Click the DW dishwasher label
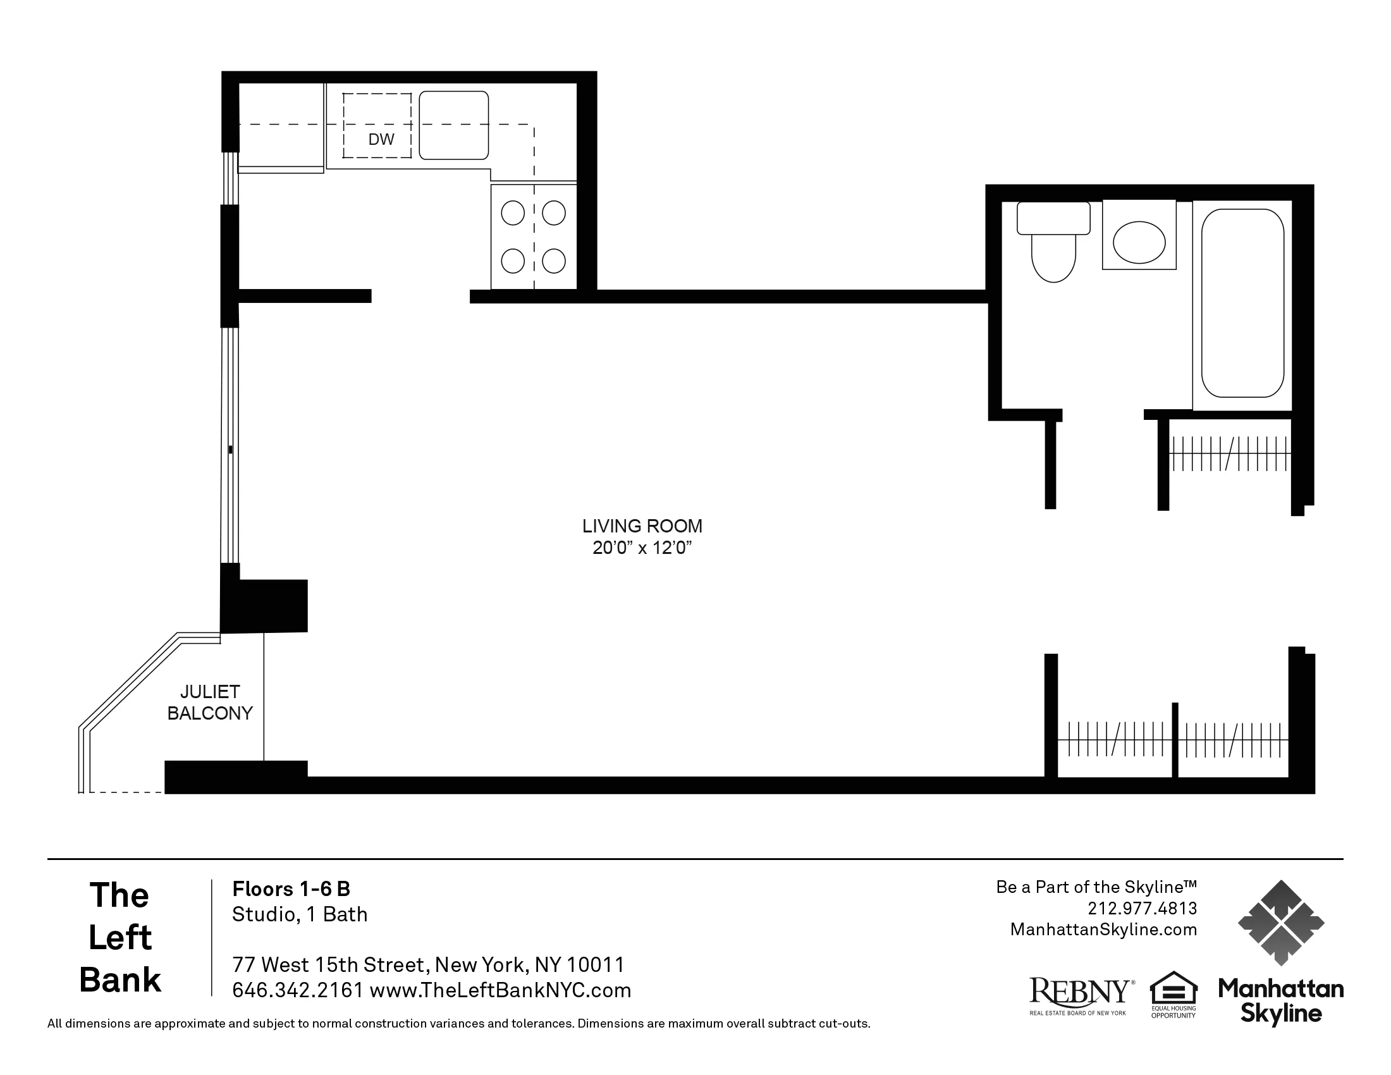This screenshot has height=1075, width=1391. coord(381,139)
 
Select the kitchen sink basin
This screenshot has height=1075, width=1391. coord(453,125)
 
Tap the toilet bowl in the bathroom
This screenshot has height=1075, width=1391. coord(1053,257)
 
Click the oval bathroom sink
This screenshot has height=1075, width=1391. coord(1139,242)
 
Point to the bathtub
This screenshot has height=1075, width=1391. coord(1242,303)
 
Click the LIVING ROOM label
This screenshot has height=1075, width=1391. coord(641,526)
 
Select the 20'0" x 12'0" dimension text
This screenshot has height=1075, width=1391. coord(641,548)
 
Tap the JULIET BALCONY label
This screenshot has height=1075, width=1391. coord(209,703)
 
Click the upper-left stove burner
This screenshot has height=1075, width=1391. coord(513,212)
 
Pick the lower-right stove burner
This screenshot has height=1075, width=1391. coord(553,261)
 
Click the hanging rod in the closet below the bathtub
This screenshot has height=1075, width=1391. coord(1230,453)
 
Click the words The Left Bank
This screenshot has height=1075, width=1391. coord(119,937)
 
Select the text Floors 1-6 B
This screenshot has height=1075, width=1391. coord(291,888)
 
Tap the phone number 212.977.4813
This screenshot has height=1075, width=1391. coord(1142,908)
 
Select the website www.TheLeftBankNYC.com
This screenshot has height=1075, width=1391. coord(500,990)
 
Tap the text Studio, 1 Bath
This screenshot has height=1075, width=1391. coord(299,914)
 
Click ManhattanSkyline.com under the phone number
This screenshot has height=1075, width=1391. coord(1103,930)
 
